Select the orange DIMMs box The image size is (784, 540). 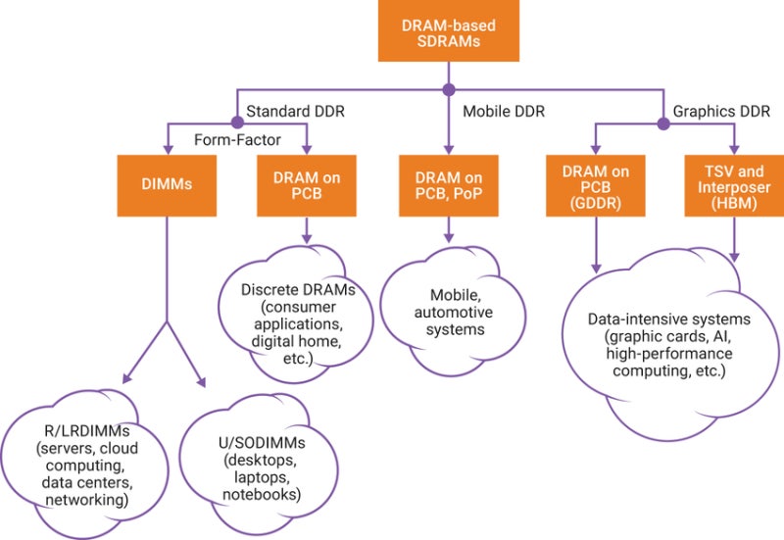tap(167, 182)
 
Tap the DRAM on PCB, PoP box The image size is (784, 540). tap(449, 182)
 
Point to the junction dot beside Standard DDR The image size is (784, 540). tap(236, 124)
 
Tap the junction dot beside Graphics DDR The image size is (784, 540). tap(661, 124)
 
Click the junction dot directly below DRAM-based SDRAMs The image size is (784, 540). tap(449, 90)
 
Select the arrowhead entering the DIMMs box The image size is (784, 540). tap(167, 148)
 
